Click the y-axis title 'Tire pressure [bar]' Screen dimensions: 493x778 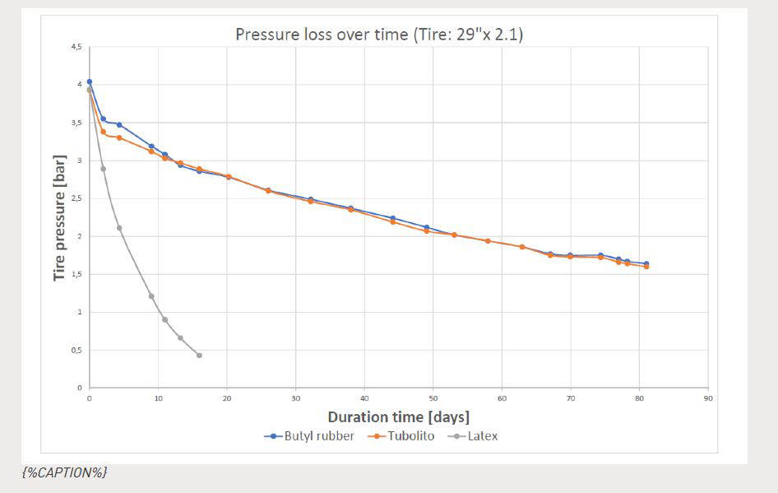pos(59,216)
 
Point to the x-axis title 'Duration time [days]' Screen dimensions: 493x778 pos(399,416)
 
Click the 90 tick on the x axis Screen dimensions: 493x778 pos(708,398)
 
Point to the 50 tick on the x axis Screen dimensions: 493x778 pos(433,398)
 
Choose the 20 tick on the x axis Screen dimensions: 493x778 pos(226,398)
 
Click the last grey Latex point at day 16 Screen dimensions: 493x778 pos(199,356)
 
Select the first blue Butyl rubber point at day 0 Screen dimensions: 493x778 pos(89,81)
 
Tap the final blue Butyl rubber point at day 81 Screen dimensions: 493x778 pos(646,263)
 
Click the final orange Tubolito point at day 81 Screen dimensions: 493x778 pos(646,267)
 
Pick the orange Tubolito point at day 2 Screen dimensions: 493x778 pos(103,132)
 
